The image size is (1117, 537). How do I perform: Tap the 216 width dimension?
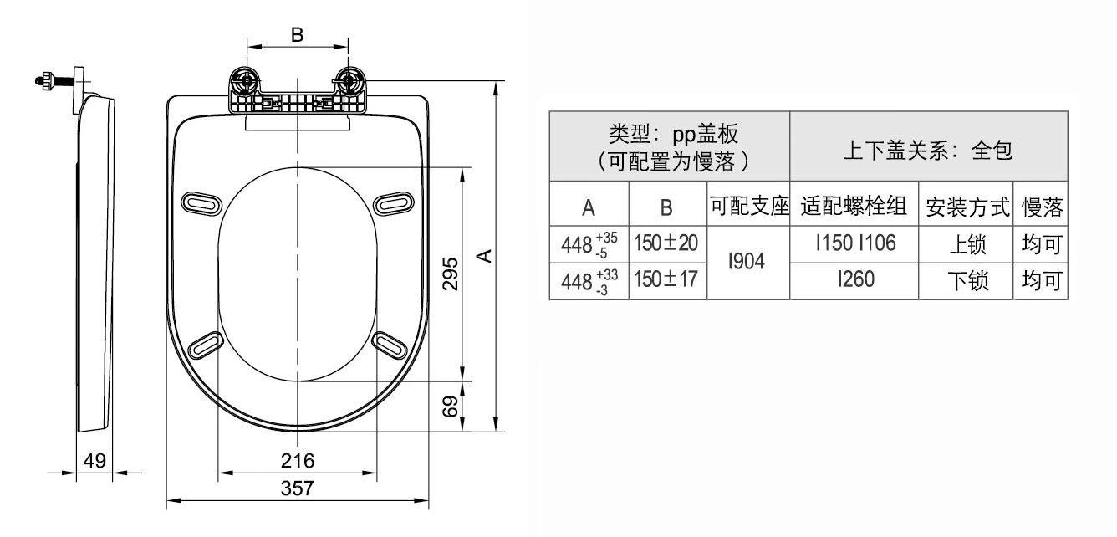tap(298, 460)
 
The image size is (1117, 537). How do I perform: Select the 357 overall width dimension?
tap(298, 488)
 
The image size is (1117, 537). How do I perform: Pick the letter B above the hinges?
tap(297, 35)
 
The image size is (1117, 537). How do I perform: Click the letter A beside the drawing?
tap(483, 254)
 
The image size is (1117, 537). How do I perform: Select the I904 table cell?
tap(747, 262)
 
